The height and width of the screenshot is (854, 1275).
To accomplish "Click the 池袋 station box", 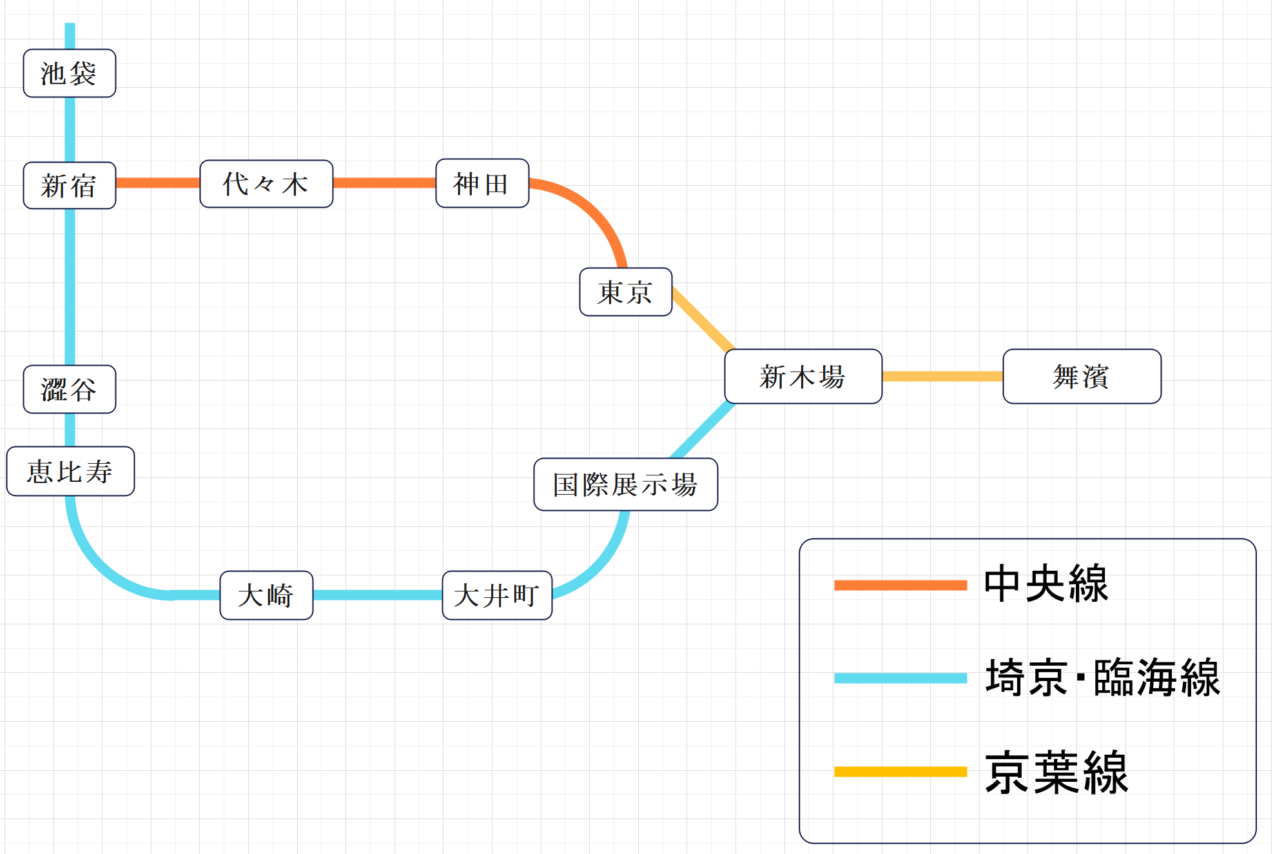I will (70, 74).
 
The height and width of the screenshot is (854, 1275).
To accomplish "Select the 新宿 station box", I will (70, 186).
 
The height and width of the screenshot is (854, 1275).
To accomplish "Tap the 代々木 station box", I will (266, 184).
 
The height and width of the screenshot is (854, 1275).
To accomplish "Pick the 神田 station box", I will (482, 184).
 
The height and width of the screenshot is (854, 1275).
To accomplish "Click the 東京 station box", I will (625, 292).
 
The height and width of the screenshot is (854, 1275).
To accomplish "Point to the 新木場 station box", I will (803, 377).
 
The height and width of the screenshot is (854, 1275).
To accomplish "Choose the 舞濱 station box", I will (1082, 377).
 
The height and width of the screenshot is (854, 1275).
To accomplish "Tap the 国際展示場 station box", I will (625, 484).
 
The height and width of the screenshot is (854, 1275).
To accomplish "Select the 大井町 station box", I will (497, 595).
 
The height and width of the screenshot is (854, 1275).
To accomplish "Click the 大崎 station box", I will (266, 595).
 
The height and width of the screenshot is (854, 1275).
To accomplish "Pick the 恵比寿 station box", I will (70, 472).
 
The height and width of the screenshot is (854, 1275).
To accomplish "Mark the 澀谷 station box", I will (70, 390).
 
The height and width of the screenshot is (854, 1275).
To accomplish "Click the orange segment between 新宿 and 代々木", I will (158, 183).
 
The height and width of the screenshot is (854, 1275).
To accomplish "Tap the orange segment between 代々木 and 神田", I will (384, 183).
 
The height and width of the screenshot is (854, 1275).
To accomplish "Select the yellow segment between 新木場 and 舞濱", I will (942, 377).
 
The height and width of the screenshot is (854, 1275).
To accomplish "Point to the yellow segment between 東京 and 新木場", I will (703, 320).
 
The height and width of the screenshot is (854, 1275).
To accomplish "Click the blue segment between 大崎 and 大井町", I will (378, 595).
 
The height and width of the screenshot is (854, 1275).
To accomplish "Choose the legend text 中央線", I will (1046, 584).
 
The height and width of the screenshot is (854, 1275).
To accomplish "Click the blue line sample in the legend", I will (900, 678).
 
